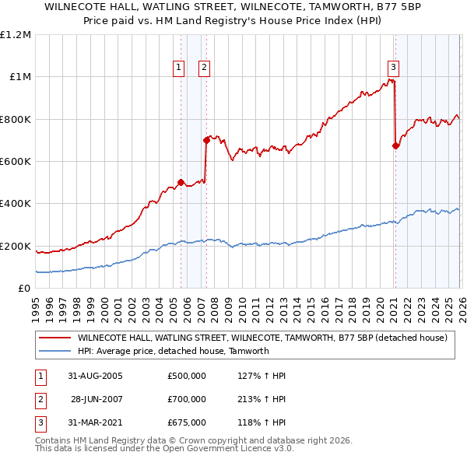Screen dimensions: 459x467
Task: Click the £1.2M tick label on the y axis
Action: pyautogui.click(x=16, y=35)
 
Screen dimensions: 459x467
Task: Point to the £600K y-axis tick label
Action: pyautogui.click(x=16, y=162)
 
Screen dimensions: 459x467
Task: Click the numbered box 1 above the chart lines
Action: pyautogui.click(x=179, y=68)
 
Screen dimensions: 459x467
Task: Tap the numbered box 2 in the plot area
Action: pyautogui.click(x=204, y=68)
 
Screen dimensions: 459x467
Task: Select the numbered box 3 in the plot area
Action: pyautogui.click(x=393, y=68)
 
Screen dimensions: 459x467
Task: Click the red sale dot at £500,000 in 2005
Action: pyautogui.click(x=181, y=183)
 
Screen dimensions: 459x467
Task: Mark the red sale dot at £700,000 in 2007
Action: pyautogui.click(x=206, y=141)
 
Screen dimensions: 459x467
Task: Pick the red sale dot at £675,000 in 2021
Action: pyautogui.click(x=395, y=145)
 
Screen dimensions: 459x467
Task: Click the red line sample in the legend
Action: pyautogui.click(x=54, y=338)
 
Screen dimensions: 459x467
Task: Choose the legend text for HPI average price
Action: pyautogui.click(x=173, y=351)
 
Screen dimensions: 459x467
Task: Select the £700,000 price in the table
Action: pyautogui.click(x=186, y=400)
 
